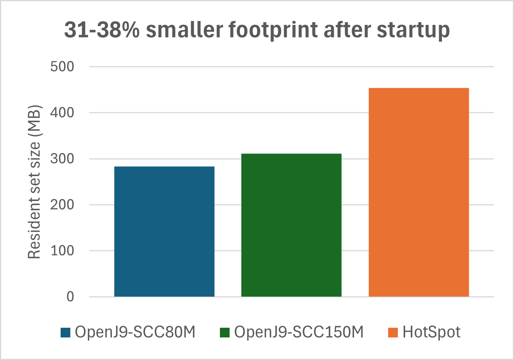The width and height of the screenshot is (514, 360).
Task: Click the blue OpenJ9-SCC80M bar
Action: point(164,231)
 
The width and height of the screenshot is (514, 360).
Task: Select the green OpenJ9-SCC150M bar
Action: point(291,225)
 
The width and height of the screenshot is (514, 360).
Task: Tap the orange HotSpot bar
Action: point(418,192)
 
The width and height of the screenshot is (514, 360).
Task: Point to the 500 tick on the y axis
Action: point(62,66)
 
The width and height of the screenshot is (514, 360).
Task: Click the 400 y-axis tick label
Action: point(62,113)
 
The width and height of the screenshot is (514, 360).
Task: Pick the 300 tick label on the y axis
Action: point(62,159)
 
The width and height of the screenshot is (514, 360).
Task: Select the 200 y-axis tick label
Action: point(62,205)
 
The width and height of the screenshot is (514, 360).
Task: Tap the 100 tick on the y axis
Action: point(62,251)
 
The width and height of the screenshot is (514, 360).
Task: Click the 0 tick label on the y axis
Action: point(70,297)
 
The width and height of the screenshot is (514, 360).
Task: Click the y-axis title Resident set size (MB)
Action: point(35,182)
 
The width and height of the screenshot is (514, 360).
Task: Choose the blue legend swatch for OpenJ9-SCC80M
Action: point(66,333)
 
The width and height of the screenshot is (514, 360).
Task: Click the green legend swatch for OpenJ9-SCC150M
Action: point(225,333)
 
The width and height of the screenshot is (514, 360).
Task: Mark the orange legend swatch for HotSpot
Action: point(393,333)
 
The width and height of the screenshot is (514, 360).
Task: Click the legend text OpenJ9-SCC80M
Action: point(135,332)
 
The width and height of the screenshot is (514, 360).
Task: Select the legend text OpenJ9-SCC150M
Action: point(299,332)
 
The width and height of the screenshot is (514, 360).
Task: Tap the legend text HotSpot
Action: point(431,332)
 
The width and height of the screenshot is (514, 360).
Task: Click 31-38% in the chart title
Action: point(102,30)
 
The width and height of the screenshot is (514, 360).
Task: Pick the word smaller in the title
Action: point(184,30)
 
